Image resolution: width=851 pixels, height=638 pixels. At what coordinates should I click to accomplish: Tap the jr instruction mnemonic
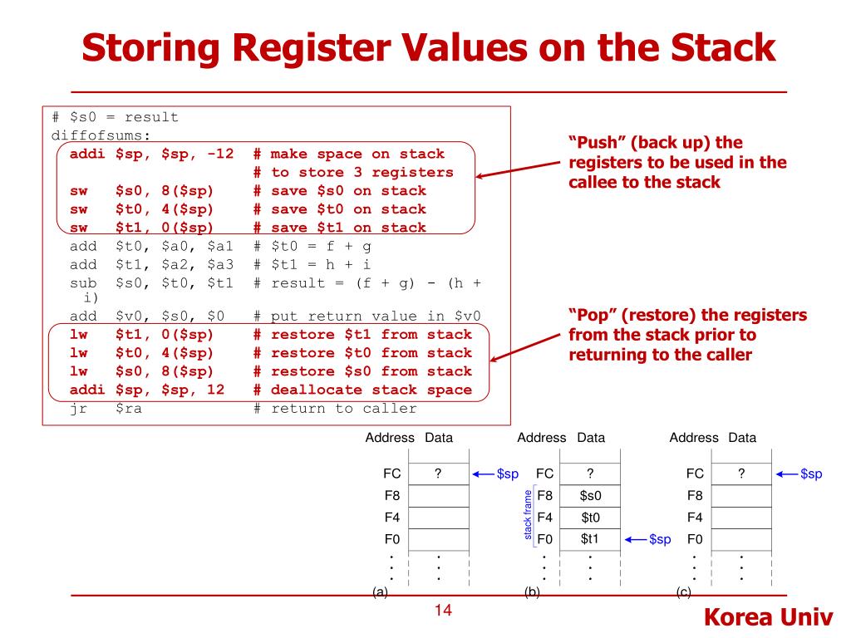(x=79, y=408)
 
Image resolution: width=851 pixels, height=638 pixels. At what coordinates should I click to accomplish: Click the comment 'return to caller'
(x=343, y=408)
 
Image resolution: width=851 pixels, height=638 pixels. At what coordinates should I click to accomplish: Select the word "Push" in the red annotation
(x=597, y=142)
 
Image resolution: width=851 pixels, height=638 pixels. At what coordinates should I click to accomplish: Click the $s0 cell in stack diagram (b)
(x=590, y=496)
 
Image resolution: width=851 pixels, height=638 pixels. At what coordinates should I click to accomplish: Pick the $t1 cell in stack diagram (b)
(x=590, y=539)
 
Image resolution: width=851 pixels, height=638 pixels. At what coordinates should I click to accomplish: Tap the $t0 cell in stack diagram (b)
(x=590, y=518)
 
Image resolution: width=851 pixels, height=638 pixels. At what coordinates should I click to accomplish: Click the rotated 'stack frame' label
(x=527, y=516)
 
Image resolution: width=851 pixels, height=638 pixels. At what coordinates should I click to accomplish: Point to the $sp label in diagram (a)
(x=507, y=474)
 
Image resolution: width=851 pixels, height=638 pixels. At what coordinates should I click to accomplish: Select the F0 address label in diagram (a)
(x=391, y=539)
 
